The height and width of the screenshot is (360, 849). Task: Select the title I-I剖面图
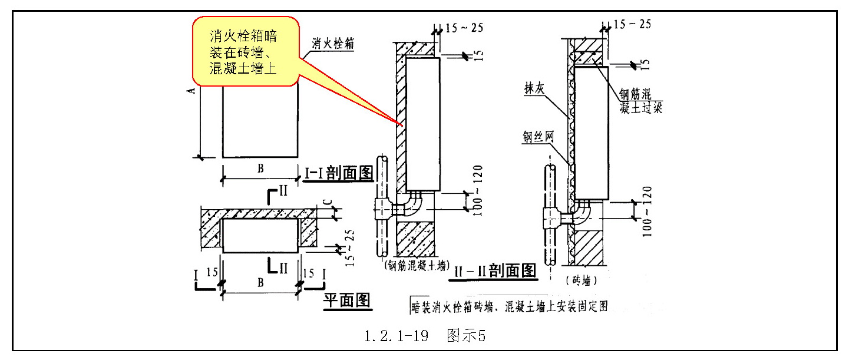(339, 172)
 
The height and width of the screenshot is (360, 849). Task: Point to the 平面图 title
(347, 301)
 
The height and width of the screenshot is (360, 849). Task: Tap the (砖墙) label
(581, 281)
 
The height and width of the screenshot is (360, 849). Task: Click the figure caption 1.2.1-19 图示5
(424, 336)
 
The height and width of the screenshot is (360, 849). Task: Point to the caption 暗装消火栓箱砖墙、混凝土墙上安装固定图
(510, 306)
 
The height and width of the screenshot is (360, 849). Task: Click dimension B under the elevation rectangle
(260, 169)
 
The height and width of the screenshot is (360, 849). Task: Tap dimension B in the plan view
(260, 282)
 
